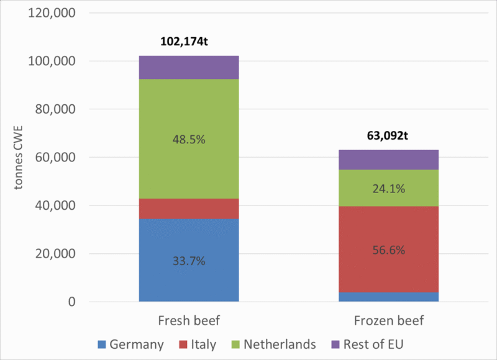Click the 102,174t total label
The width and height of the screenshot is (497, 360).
click(189, 44)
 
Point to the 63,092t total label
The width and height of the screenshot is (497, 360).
click(388, 138)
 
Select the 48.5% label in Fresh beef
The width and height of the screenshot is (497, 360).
click(189, 139)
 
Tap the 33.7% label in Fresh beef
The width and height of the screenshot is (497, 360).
click(189, 261)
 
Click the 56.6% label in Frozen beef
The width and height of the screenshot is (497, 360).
click(388, 250)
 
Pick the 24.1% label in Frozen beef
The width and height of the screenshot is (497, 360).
click(388, 189)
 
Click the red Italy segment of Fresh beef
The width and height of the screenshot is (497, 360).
click(189, 209)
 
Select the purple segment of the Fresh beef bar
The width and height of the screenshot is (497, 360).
click(189, 67)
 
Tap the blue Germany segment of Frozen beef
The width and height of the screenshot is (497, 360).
click(388, 297)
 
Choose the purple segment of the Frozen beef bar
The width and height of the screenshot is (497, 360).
click(388, 160)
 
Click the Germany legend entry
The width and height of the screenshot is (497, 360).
click(131, 344)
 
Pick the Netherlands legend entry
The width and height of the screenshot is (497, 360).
click(273, 344)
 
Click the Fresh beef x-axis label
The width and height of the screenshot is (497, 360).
click(189, 321)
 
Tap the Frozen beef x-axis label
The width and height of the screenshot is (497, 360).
click(388, 321)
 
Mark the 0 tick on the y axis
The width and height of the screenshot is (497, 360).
click(71, 302)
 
